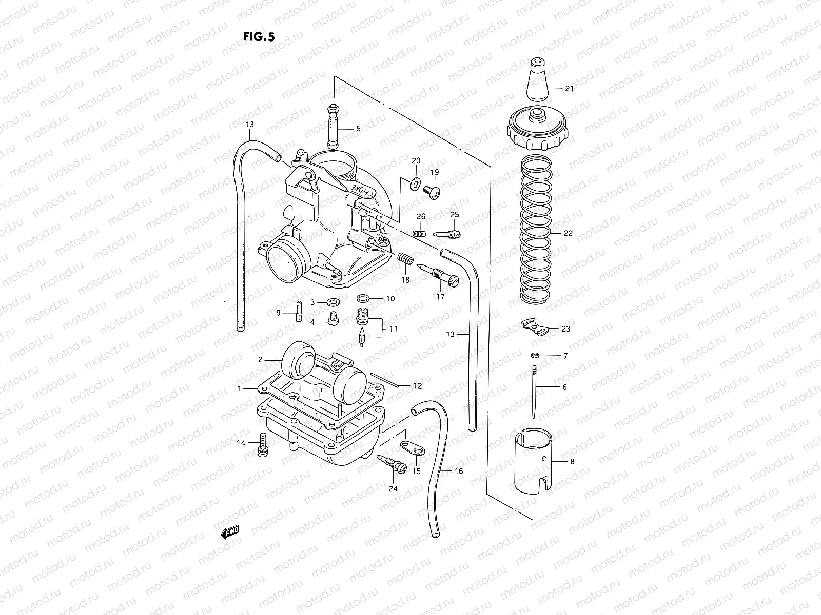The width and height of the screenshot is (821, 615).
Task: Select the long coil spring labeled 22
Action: coord(536,231)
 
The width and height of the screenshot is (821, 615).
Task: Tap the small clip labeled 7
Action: coord(534,355)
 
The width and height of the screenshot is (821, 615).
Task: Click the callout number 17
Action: coord(440,296)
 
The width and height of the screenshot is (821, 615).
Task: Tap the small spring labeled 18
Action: coord(406,259)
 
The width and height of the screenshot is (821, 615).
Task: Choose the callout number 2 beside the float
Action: coord(260,360)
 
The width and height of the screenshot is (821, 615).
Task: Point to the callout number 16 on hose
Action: coord(459,470)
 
